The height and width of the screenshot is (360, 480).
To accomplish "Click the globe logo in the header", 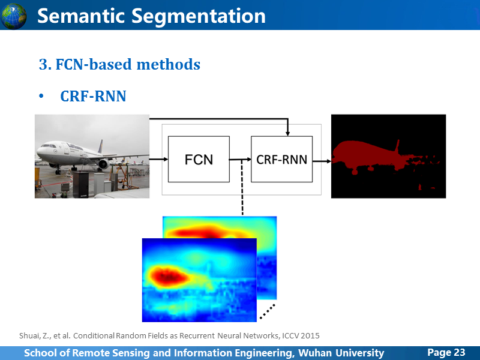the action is [13, 16].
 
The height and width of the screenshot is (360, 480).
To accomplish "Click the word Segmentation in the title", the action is [199, 17].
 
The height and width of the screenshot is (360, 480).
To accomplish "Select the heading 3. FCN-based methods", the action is [119, 64].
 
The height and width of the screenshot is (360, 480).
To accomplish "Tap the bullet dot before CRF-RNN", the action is [41, 96].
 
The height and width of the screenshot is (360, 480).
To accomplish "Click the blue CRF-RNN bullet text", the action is [93, 96].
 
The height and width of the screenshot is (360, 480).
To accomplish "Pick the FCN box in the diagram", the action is [199, 159].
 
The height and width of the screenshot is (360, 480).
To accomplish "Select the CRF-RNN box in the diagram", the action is [281, 159].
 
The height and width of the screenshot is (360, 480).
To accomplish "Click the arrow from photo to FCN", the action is [158, 159].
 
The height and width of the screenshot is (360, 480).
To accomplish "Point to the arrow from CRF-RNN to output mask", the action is [322, 161].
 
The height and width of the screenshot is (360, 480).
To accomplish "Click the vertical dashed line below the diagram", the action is [242, 187].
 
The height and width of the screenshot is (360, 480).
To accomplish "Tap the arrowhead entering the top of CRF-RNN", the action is [287, 133].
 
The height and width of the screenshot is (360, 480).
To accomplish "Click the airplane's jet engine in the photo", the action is [103, 164].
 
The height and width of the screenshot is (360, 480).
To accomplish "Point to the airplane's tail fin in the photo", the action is [100, 146].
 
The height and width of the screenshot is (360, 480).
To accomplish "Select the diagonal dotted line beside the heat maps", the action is [268, 311].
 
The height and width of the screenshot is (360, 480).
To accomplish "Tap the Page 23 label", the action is [446, 352].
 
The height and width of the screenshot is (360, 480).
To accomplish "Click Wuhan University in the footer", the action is [341, 353].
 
